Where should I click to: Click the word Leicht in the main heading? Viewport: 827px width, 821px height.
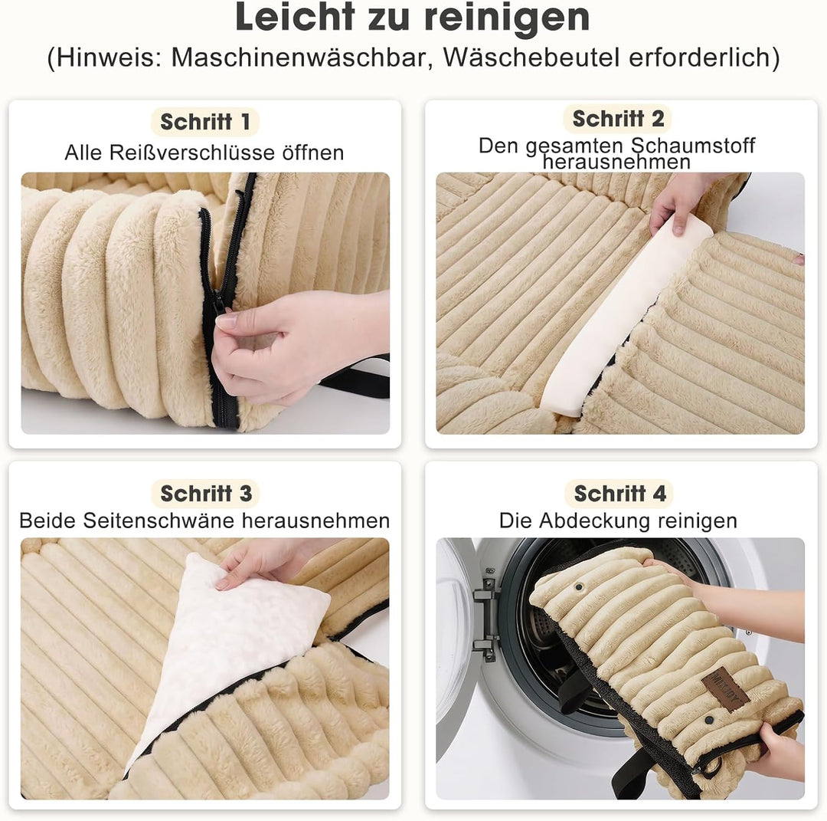[x=295, y=17]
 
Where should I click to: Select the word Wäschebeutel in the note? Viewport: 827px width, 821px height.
[x=531, y=57]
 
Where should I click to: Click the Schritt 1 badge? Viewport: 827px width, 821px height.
[x=205, y=122]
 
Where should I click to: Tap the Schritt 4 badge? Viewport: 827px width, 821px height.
[x=619, y=494]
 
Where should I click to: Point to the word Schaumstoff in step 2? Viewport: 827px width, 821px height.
[x=693, y=145]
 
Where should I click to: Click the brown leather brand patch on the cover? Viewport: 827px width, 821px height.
[x=726, y=689]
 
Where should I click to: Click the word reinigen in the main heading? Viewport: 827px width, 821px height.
[x=508, y=18]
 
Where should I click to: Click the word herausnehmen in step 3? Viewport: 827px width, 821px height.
[x=316, y=521]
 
